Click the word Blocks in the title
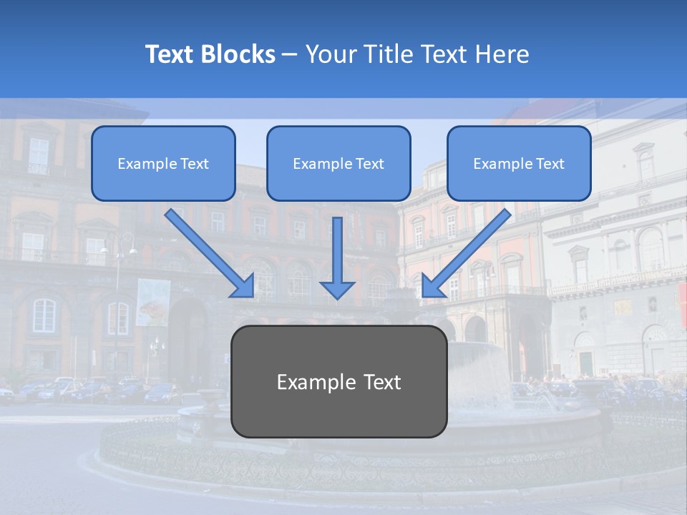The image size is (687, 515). (240, 54)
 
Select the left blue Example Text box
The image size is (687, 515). (163, 163)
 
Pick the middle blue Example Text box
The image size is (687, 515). (338, 163)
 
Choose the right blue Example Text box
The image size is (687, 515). (519, 163)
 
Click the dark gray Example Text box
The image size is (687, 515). (338, 381)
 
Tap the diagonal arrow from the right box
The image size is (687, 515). (467, 253)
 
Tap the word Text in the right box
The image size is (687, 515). (550, 164)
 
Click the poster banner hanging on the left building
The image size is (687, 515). (153, 302)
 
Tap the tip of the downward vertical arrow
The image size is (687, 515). (337, 296)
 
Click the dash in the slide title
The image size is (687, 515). (290, 55)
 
